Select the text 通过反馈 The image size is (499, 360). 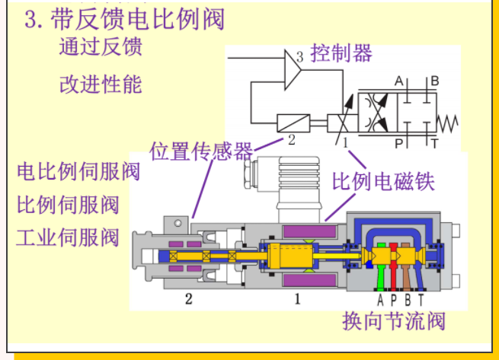tap(100, 47)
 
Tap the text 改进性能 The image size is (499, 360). tap(100, 83)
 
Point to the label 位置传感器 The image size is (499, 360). tap(201, 150)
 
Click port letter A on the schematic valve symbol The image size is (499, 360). tap(398, 81)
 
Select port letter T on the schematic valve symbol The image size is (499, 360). tap(434, 142)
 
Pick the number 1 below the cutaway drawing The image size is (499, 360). tap(297, 298)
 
